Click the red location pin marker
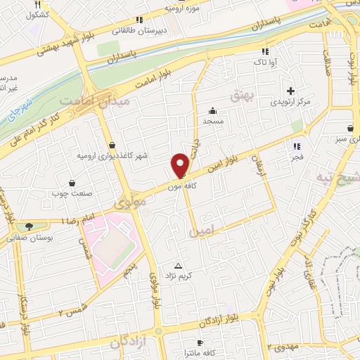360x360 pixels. [x=181, y=165]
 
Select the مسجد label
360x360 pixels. [x=212, y=121]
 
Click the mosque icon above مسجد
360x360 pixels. [x=212, y=110]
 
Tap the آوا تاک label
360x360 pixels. [x=265, y=62]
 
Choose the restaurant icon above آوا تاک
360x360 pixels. [x=265, y=51]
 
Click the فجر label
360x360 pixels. [x=297, y=157]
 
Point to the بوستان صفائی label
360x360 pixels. [x=27, y=238]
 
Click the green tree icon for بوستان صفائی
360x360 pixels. [x=28, y=226]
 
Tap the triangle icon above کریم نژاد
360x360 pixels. [x=178, y=266]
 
